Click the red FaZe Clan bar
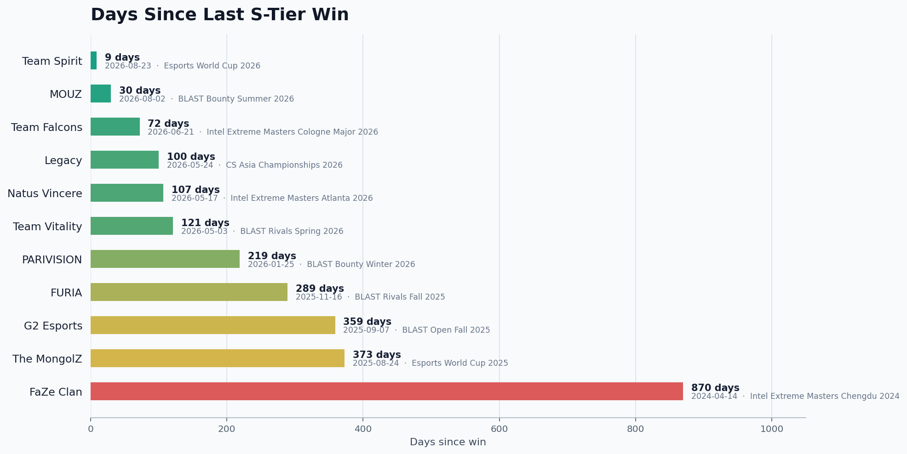[387, 392]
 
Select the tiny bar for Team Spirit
[94, 61]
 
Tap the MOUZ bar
[101, 94]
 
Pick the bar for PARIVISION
[165, 259]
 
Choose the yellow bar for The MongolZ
[218, 358]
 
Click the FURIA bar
[189, 292]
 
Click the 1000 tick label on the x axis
[771, 429]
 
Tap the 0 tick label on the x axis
[91, 429]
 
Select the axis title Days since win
[448, 442]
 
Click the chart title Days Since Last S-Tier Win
[219, 15]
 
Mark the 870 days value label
[715, 388]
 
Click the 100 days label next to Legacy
[191, 157]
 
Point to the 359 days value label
[367, 322]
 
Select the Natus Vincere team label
[45, 193]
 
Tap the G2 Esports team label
[53, 326]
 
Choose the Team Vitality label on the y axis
[47, 227]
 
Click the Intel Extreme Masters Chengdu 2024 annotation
[825, 396]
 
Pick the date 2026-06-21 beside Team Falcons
[171, 132]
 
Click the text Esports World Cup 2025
[460, 363]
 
